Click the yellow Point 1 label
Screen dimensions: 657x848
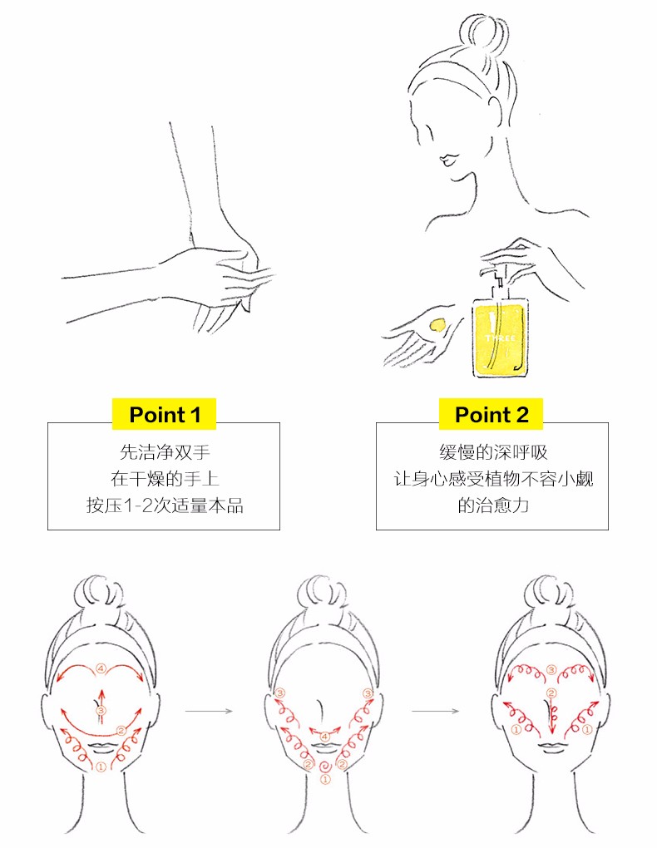click(164, 414)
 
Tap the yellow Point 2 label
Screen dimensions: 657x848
click(491, 414)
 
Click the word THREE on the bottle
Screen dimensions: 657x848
click(500, 338)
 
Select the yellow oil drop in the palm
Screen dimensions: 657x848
click(437, 324)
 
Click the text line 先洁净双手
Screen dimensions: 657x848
click(164, 452)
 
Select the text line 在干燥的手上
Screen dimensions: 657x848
click(164, 479)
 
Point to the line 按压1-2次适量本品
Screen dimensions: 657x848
click(164, 505)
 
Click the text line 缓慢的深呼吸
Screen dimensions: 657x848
click(493, 452)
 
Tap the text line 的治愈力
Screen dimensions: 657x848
click(493, 505)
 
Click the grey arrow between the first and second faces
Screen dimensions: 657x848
click(209, 711)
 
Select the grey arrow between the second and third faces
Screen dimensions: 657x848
click(435, 711)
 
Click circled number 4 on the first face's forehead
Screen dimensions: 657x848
click(101, 669)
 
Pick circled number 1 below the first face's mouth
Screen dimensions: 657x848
click(101, 767)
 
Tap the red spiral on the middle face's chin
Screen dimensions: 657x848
click(325, 766)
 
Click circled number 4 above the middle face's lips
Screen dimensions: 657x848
click(324, 737)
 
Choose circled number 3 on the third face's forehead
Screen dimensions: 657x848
click(551, 670)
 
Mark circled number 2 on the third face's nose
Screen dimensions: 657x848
click(551, 693)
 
